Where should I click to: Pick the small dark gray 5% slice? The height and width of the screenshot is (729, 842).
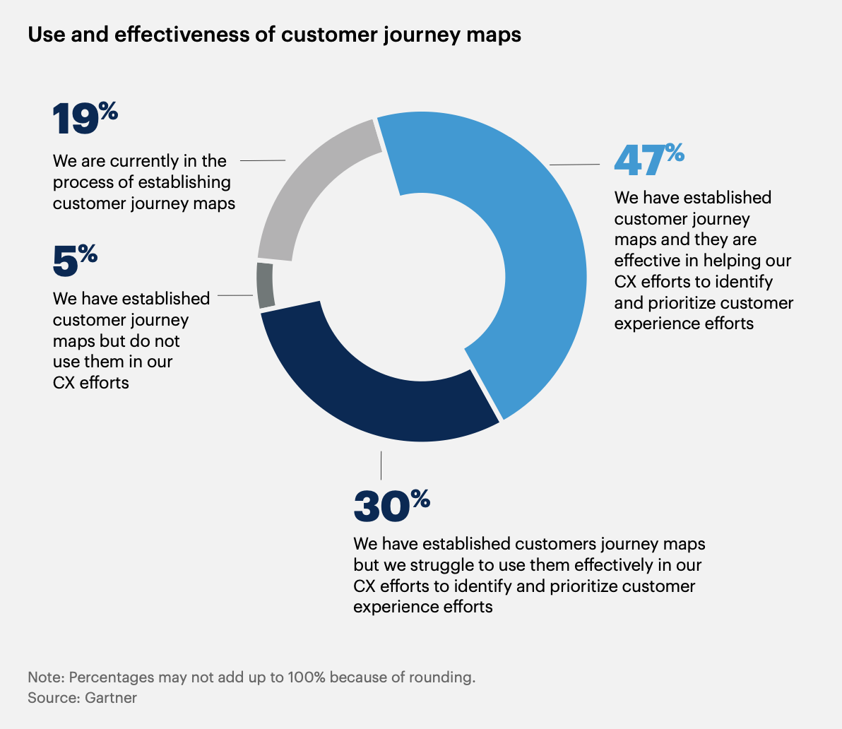[x=265, y=285]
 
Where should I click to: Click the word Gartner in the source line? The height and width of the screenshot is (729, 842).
[x=111, y=698]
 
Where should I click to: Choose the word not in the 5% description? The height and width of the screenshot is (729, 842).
[x=168, y=341]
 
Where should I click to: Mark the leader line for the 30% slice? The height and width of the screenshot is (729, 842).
[x=381, y=465]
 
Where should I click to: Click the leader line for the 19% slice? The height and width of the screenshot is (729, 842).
[x=263, y=160]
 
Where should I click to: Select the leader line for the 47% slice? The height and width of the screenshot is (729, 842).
[x=574, y=165]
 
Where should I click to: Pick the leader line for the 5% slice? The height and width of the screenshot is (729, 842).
[x=236, y=296]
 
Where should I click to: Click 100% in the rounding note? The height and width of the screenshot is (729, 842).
[x=307, y=677]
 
